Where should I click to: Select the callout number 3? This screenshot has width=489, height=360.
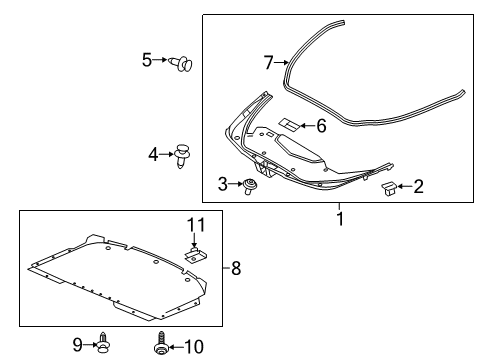222,183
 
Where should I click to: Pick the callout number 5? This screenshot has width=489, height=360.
146,61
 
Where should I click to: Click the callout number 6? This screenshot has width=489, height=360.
320,126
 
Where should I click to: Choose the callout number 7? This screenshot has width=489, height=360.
268,63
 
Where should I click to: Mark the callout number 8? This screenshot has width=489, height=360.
235,267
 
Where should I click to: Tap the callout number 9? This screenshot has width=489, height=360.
78,344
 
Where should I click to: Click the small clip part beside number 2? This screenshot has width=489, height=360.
390,188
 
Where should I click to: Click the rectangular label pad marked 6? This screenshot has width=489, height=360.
288,125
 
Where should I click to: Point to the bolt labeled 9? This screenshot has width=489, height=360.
102,344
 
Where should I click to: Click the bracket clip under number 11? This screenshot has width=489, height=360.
196,252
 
